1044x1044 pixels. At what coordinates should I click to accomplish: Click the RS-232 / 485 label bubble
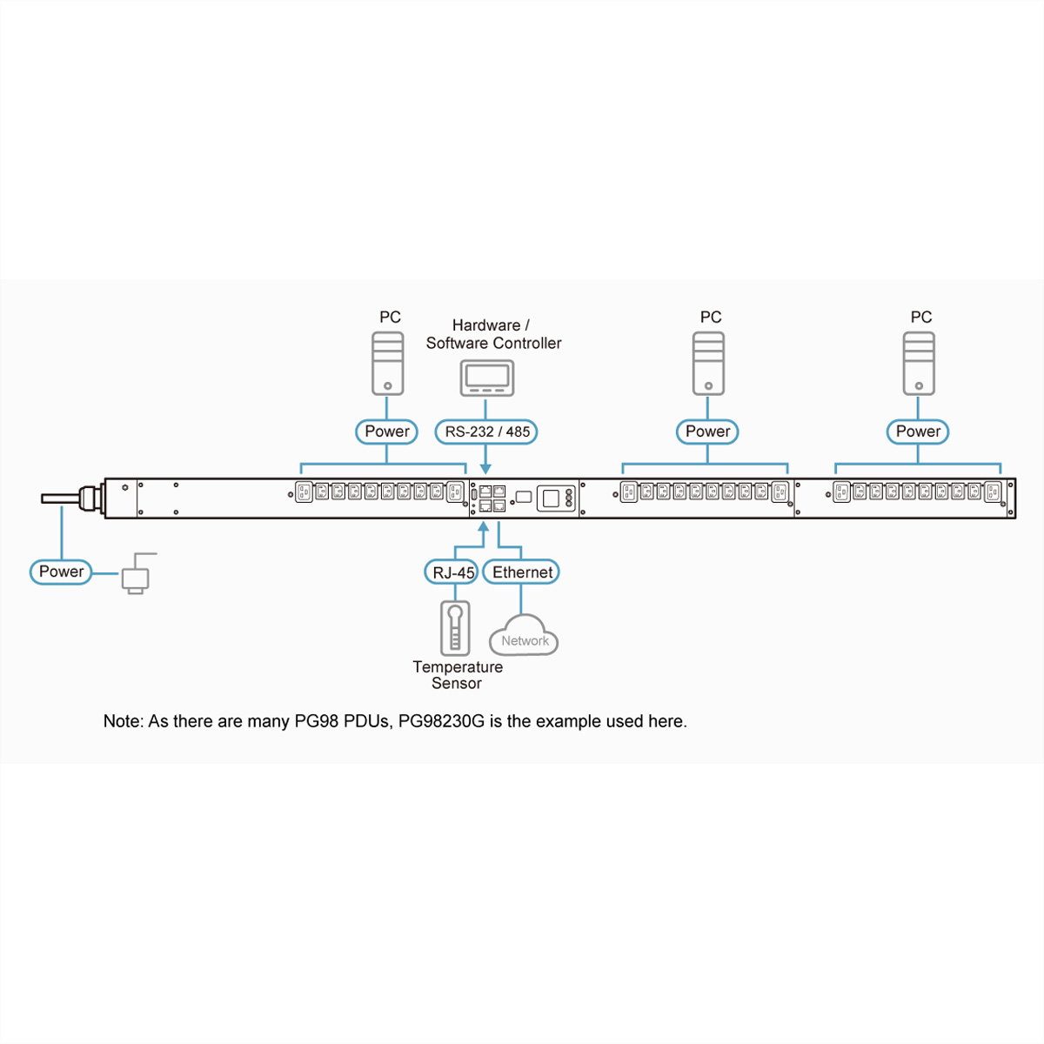click(486, 432)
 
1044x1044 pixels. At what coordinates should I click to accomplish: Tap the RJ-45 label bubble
click(452, 572)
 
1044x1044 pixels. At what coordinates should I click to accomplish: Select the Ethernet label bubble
click(521, 572)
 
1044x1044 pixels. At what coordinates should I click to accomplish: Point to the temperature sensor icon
click(454, 627)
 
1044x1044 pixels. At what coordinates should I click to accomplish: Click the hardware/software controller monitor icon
click(486, 378)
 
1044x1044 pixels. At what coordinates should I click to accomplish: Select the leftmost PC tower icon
click(387, 363)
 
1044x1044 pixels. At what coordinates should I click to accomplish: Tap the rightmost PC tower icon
click(919, 363)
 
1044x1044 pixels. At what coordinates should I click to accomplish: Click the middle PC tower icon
click(708, 363)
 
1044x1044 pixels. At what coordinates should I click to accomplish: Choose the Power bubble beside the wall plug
click(61, 572)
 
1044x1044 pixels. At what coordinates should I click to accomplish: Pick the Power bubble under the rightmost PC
click(918, 432)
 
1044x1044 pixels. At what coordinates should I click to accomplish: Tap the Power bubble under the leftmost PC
click(386, 432)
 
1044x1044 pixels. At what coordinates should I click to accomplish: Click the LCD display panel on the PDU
click(550, 499)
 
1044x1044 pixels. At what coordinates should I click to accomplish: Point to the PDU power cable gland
click(90, 499)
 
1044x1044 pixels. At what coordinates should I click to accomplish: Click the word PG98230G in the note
click(441, 721)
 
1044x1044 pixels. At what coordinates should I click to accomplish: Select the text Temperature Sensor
click(457, 675)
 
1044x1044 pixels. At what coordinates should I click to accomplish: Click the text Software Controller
click(493, 343)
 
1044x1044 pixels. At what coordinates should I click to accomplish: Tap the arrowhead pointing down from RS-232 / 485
click(485, 469)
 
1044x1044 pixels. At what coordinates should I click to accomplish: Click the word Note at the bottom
click(122, 721)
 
